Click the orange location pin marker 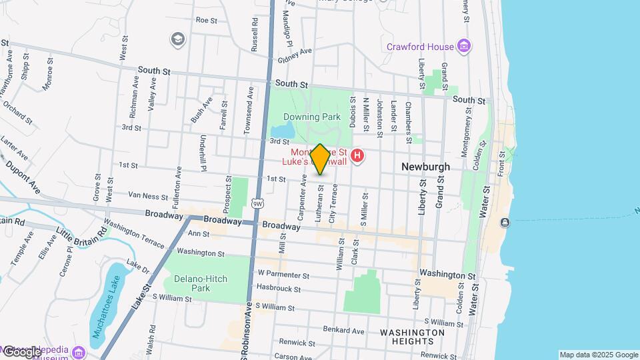pos(320,159)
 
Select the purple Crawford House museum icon pos(464,46)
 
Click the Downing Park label pos(312,117)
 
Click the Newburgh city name pos(426,167)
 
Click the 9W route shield pos(257,202)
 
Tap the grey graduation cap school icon pos(177,39)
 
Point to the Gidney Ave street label pos(295,53)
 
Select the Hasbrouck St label pos(279,289)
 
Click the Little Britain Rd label pos(81,234)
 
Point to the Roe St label pos(206,21)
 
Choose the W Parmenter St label pos(283,274)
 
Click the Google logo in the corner pos(22,351)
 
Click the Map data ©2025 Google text pos(598,355)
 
